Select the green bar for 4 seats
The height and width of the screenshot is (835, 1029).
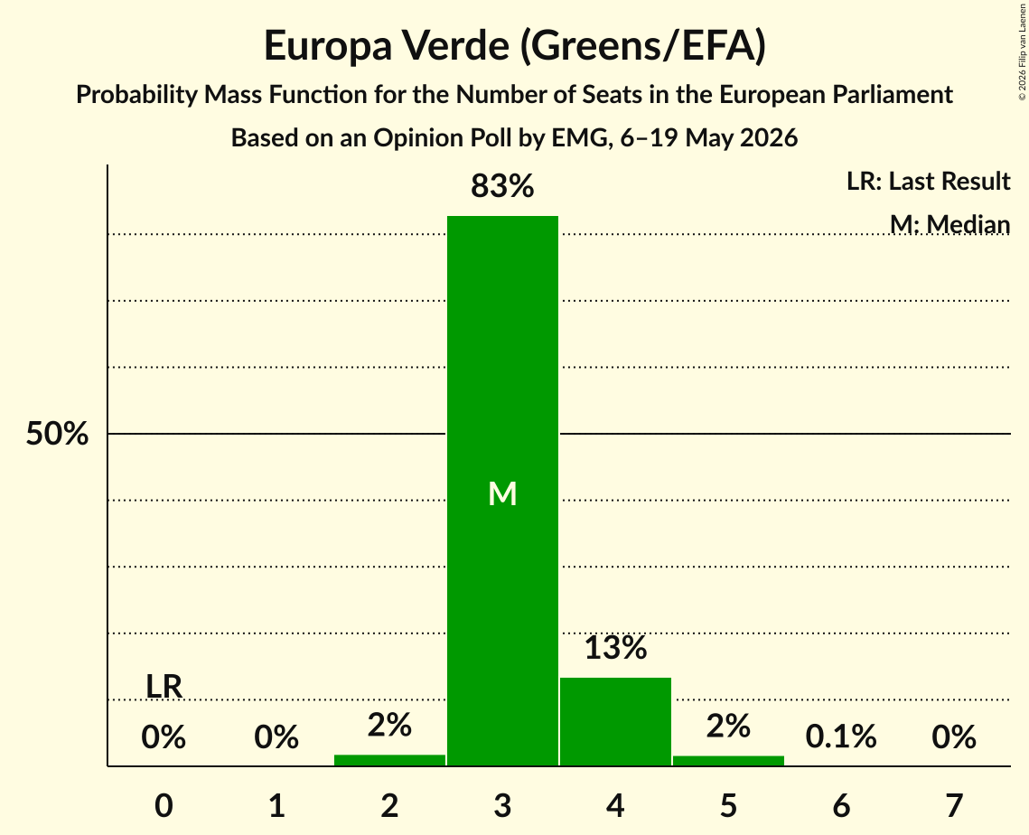coord(615,721)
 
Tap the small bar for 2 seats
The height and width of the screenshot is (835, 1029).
coord(389,760)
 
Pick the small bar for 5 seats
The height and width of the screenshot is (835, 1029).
coord(728,761)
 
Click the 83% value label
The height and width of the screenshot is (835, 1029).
coord(502,186)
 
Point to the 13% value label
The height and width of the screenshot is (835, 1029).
coord(615,647)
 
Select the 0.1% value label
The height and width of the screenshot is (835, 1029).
coord(841,736)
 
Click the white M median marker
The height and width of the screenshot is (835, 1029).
coord(502,493)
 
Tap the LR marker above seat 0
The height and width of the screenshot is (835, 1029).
coord(164,687)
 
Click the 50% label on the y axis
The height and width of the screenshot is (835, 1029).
coord(57,434)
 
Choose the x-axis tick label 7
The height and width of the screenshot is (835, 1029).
coord(954,805)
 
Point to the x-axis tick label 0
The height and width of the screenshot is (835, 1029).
coord(164,805)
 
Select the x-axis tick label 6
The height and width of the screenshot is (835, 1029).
coord(841,805)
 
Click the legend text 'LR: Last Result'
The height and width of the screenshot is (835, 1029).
coord(929,181)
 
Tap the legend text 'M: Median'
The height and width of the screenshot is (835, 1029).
coord(950,224)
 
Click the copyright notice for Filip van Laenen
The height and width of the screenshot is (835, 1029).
coord(1023,52)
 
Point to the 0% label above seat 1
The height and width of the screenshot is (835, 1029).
coord(276,736)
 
